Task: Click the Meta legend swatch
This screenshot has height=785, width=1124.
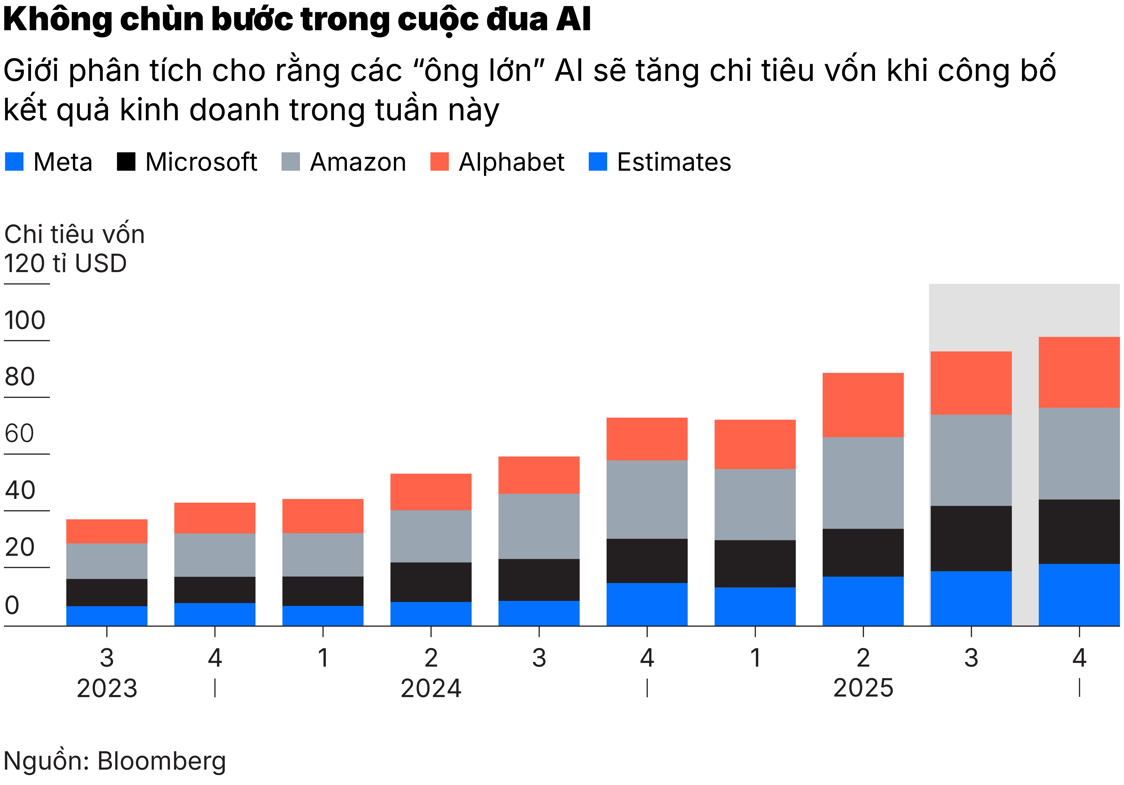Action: [x=14, y=162]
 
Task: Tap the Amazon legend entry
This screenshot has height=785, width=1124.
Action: [x=358, y=162]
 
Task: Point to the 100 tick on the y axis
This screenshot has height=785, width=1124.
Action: [x=25, y=321]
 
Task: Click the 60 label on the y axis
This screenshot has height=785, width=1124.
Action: [x=20, y=434]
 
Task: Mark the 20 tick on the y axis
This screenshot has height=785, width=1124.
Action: [x=20, y=547]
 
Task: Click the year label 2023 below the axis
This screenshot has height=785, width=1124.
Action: [x=107, y=688]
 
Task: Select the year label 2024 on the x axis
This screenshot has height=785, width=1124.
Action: [x=431, y=688]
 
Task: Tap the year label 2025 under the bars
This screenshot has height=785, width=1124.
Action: [x=863, y=688]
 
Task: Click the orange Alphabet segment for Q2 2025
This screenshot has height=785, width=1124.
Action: [x=863, y=405]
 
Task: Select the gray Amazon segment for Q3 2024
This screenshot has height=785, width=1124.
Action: [x=539, y=527]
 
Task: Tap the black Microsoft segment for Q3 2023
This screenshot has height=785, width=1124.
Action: [x=107, y=593]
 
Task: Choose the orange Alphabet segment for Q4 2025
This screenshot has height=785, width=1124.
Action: [x=1079, y=372]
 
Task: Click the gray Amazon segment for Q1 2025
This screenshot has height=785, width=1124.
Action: [x=755, y=505]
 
